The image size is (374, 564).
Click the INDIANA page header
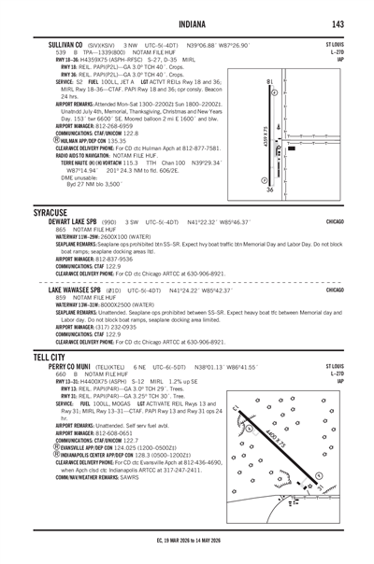(x=187, y=22)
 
